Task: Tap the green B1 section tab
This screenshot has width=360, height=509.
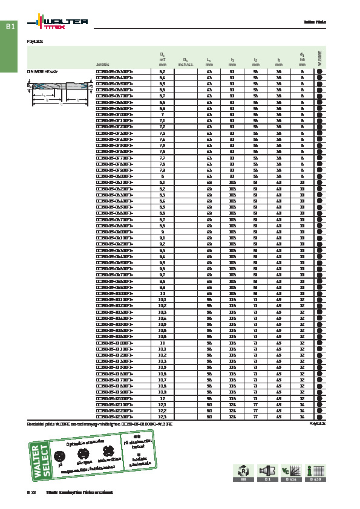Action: pos(10,27)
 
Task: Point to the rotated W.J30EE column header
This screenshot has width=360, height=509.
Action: pos(319,58)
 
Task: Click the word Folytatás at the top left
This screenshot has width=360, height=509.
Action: pos(34,42)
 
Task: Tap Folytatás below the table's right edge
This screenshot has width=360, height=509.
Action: pos(318,424)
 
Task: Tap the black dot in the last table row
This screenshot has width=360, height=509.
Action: pos(319,417)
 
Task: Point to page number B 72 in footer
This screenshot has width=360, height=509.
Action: pos(31,493)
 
